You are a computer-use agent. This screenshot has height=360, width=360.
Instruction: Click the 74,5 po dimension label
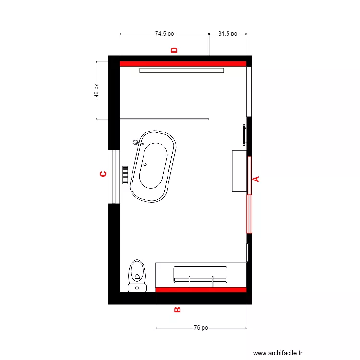click(164, 34)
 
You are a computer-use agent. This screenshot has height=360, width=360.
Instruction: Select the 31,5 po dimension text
click(228, 34)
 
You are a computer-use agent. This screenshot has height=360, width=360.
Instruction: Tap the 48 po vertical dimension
click(97, 90)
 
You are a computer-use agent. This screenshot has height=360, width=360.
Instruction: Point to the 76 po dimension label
click(201, 328)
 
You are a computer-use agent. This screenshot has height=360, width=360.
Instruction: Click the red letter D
click(175, 50)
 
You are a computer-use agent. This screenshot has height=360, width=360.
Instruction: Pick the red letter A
click(256, 179)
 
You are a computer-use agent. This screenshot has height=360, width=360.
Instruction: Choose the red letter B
click(177, 310)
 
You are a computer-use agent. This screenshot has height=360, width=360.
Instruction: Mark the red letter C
click(103, 174)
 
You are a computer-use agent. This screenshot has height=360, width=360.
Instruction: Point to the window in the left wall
click(113, 177)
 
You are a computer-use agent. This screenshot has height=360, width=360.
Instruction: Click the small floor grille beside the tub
click(126, 175)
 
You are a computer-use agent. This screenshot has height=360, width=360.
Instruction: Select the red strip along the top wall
click(183, 63)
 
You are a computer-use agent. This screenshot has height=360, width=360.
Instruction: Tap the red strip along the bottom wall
click(201, 289)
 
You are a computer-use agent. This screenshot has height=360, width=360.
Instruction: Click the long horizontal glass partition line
click(164, 119)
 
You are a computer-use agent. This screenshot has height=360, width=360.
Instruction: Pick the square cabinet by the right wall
click(239, 171)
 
